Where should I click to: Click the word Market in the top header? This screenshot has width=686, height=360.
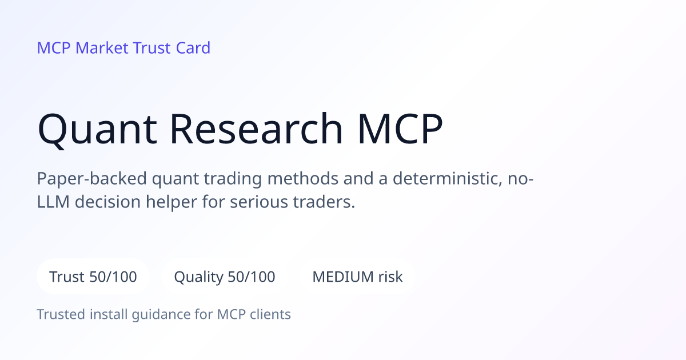point(102,48)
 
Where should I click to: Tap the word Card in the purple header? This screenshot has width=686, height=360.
point(193,48)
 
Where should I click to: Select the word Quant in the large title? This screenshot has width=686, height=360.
point(97,129)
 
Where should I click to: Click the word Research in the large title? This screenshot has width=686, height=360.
point(256,128)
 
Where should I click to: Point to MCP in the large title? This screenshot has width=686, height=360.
point(400,128)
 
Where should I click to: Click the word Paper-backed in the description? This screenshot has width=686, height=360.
point(92,178)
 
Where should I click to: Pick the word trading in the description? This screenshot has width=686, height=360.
point(233,178)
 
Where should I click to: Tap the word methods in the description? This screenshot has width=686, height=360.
point(302,178)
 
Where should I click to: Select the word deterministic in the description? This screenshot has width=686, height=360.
point(447,178)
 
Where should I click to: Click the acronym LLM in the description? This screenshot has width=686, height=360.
point(53,202)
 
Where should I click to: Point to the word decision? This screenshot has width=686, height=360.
point(107,202)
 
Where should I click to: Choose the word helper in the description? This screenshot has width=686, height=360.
point(171,202)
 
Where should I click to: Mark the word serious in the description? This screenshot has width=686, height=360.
point(259,202)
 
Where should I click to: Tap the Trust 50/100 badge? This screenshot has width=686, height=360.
point(93,277)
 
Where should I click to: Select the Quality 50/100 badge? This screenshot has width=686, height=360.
point(225,277)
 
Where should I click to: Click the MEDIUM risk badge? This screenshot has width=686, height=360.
point(357,277)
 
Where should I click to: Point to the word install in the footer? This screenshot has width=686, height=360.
point(109,314)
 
